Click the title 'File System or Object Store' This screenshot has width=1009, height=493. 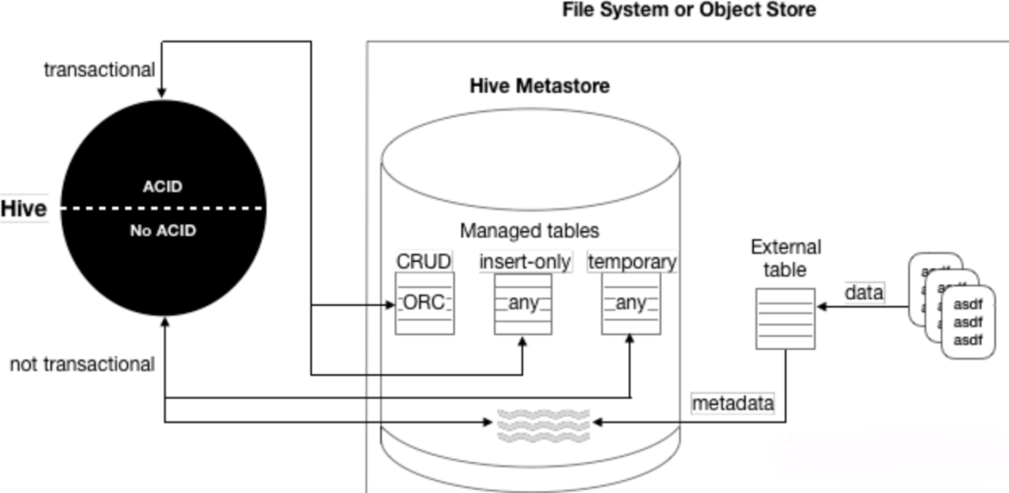click(x=689, y=10)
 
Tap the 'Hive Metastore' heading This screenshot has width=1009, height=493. click(x=539, y=86)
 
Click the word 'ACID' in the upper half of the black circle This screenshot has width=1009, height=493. click(x=163, y=186)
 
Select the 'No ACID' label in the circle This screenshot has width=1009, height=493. click(x=163, y=230)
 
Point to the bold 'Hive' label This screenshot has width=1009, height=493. click(x=23, y=209)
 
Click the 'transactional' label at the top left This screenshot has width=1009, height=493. click(x=99, y=70)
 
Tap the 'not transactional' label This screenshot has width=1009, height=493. click(x=82, y=364)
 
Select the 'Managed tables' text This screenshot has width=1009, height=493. click(x=529, y=230)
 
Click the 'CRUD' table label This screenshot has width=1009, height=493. click(x=424, y=261)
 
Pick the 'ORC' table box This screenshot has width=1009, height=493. click(x=424, y=303)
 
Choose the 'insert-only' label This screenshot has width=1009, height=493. click(x=524, y=261)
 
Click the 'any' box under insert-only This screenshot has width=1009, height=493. click(x=524, y=303)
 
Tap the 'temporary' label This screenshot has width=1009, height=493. click(x=632, y=261)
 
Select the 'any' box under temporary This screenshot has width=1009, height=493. click(x=632, y=303)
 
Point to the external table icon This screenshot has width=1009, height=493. click(x=784, y=319)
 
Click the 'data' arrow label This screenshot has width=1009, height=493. click(x=864, y=292)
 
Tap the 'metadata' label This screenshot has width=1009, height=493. click(x=733, y=403)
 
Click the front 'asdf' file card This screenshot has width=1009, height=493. click(x=968, y=321)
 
